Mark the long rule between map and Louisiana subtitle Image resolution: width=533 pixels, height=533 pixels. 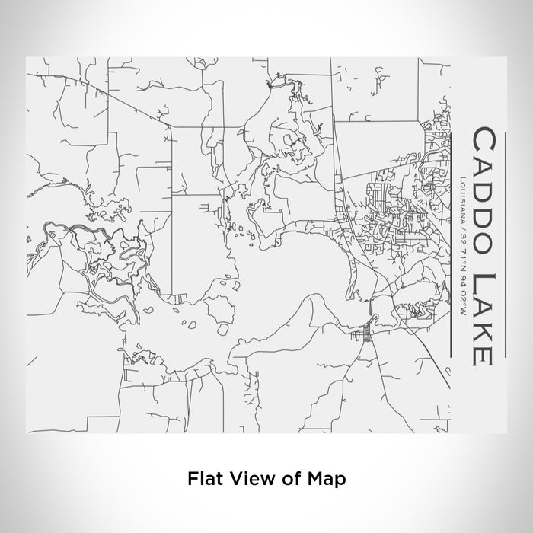pyautogui.click(x=452, y=251)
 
